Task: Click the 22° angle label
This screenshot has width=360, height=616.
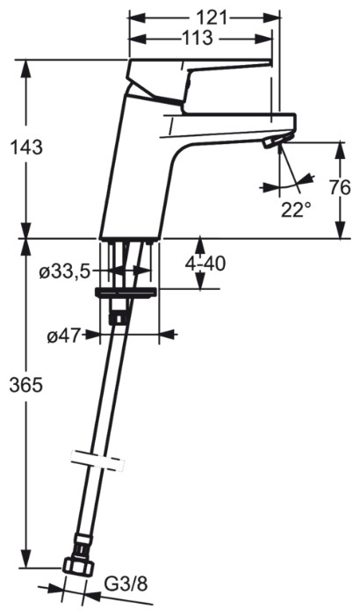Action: point(296,209)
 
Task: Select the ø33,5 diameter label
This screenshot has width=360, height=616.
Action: point(65,273)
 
